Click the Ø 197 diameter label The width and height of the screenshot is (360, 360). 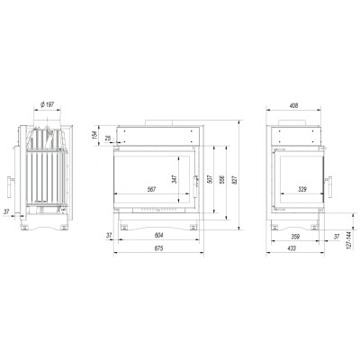point(47,104)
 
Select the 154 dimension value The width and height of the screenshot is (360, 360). point(94,136)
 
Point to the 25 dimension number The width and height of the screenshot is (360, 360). point(108,139)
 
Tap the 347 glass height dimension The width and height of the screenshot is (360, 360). point(175,179)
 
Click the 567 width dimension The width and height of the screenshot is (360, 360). point(151,190)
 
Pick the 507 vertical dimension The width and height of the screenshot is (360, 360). point(210,179)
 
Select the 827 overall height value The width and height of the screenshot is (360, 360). point(235,179)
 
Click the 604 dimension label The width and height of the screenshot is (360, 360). point(158,236)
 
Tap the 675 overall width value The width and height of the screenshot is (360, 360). point(158,248)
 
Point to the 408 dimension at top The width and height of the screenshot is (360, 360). point(294,105)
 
